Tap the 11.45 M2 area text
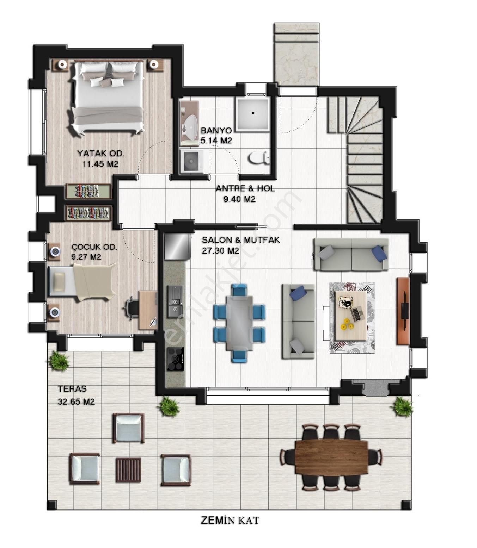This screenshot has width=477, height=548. click(100, 164)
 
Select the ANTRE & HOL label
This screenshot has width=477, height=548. click(245, 189)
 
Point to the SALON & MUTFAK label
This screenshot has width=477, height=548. click(241, 240)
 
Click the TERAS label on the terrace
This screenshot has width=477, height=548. click(72, 389)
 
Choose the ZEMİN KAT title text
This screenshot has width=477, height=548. click(230, 520)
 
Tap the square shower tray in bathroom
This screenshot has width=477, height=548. click(253, 113)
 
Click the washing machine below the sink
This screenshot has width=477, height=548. click(192, 161)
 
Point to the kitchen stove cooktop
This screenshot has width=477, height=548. click(175, 359)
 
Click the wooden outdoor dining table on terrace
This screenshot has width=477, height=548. click(331, 457)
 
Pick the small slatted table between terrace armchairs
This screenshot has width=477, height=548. click(128, 470)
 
